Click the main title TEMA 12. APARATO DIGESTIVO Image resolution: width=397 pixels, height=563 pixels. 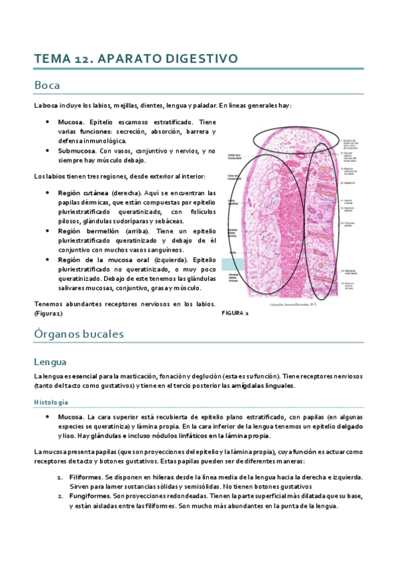point(136,59)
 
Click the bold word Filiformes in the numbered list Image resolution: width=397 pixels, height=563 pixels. point(85,477)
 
